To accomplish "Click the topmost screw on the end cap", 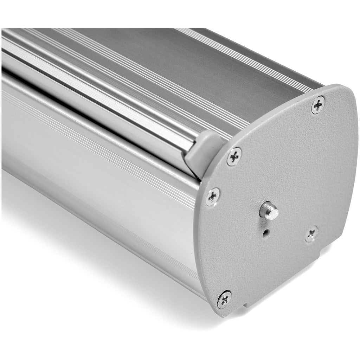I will pos(318,104).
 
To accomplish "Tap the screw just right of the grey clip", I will pos(234,157).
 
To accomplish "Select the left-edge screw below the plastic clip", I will pos(213,197).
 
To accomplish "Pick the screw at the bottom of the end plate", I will pos(224,300).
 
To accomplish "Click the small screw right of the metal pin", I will pos(311,234).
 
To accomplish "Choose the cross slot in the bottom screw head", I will pos(224,300).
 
